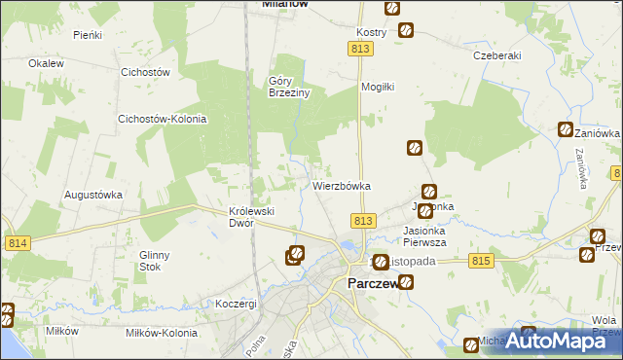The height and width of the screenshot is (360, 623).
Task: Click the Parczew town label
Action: click(371, 283)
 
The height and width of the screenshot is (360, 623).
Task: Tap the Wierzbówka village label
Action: click(342, 185)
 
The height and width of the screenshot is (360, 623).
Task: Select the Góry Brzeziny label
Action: click(288, 87)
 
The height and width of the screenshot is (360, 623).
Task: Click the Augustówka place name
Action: click(93, 194)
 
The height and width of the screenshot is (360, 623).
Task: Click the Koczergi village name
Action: click(237, 304)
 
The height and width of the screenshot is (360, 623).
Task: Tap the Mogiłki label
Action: click(377, 87)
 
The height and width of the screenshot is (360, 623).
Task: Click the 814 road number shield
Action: click(16, 243)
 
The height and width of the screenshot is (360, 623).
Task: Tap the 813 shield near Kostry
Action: click(362, 49)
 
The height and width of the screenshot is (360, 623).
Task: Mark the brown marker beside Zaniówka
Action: click(566, 129)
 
